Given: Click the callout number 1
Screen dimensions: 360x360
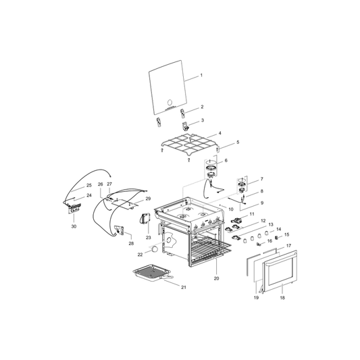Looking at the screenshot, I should click(201, 79).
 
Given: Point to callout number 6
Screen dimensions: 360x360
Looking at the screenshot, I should click(226, 160).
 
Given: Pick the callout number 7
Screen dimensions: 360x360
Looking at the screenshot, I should click(261, 179).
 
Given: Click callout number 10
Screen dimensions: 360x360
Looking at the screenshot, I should click(231, 209).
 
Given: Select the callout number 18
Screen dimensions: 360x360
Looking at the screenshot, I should click(282, 297).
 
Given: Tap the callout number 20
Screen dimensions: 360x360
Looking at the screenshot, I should click(216, 278).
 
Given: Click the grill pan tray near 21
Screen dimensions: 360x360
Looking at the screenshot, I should click(154, 275).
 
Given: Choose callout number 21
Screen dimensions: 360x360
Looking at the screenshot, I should click(183, 287).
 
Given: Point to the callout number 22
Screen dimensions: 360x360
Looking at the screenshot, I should click(140, 255).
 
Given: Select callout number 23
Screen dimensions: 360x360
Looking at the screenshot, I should click(148, 238).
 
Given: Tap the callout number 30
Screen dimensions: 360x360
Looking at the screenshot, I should click(74, 226).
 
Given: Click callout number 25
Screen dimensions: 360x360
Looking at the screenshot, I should click(88, 185).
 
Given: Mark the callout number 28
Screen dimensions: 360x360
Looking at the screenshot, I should click(130, 243).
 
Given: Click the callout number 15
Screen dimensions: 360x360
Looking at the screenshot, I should click(286, 234).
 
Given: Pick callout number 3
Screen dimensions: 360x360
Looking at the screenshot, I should click(201, 120).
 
